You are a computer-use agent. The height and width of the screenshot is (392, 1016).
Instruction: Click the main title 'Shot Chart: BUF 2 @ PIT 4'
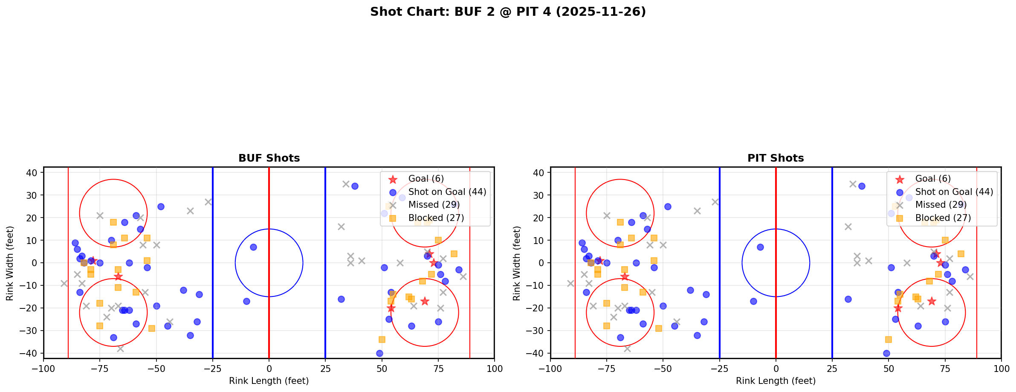(x=508, y=12)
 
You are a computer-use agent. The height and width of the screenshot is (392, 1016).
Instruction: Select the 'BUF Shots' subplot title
(x=269, y=158)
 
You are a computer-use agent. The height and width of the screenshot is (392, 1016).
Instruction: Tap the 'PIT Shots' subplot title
(x=776, y=158)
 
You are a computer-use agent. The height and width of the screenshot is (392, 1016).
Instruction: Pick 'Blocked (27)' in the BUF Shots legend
(x=436, y=218)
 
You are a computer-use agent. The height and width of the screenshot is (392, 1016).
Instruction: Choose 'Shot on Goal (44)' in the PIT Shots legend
(x=954, y=192)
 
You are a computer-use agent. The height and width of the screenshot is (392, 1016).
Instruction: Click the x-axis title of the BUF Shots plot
(x=269, y=381)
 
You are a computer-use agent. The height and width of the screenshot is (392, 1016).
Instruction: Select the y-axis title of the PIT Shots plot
(x=517, y=263)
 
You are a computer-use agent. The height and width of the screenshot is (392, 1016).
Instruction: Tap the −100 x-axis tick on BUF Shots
(x=44, y=369)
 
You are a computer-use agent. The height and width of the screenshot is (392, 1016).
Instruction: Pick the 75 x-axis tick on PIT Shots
(x=945, y=369)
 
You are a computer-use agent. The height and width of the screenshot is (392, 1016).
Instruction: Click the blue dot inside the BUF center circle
(x=253, y=247)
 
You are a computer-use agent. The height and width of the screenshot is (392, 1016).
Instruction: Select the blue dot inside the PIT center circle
(x=760, y=247)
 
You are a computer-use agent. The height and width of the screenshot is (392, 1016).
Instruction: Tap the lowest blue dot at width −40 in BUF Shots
(x=379, y=353)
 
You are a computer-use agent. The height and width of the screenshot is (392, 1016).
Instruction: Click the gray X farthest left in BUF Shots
(x=64, y=283)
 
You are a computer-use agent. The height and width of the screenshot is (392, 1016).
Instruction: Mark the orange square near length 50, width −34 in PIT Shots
(x=889, y=340)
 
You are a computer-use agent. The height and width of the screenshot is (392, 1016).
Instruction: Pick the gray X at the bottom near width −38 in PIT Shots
(x=627, y=348)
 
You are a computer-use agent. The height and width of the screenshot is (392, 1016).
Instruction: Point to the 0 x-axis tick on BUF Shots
(x=269, y=369)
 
